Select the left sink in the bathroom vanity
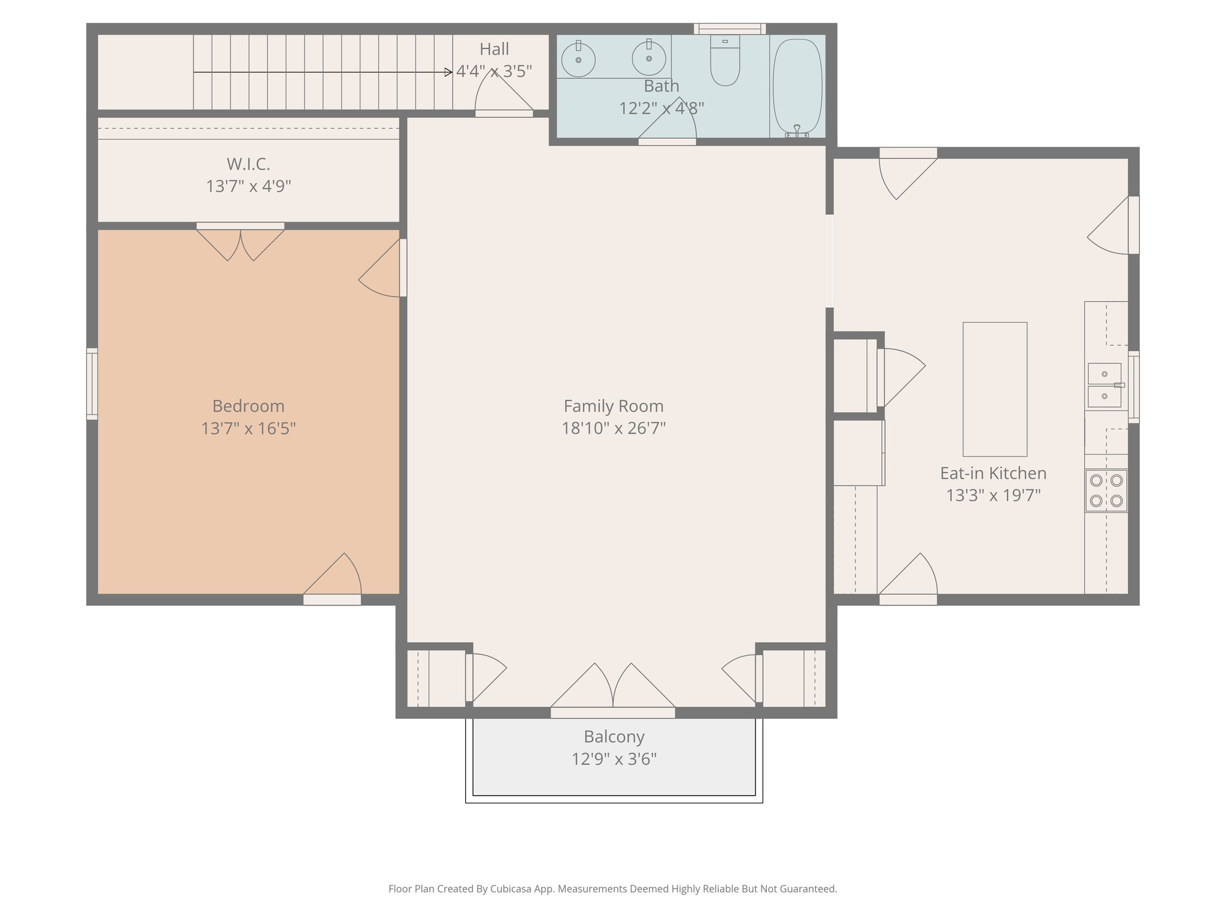[578, 60]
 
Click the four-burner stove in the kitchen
[1106, 491]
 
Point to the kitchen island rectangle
[994, 389]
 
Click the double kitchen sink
[1104, 385]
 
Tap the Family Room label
[614, 406]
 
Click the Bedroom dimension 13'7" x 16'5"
[248, 429]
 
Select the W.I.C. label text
[248, 164]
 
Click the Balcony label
[614, 737]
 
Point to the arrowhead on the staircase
[448, 72]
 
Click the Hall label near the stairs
[494, 49]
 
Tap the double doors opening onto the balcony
[613, 689]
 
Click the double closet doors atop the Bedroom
[241, 243]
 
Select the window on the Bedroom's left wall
[92, 384]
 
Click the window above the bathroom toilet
[730, 29]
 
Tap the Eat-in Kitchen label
[993, 473]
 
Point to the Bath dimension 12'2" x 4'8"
[661, 108]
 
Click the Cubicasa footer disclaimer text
[612, 889]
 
